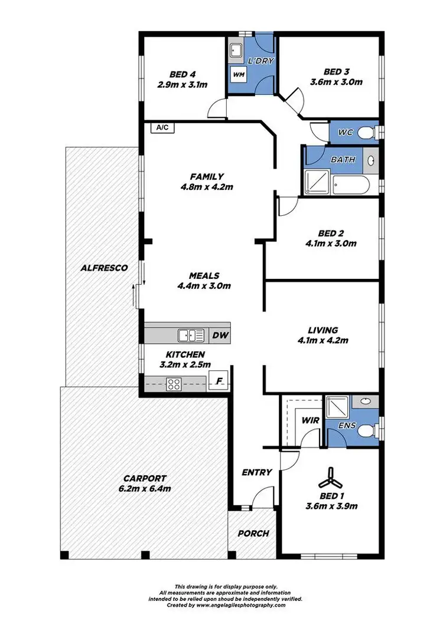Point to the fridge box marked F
pyautogui.click(x=220, y=381)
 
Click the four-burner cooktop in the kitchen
pyautogui.click(x=175, y=384)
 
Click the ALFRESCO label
pyautogui.click(x=104, y=268)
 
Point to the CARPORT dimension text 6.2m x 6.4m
pyautogui.click(x=145, y=489)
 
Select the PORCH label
pyautogui.click(x=253, y=533)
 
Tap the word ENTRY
pyautogui.click(x=257, y=472)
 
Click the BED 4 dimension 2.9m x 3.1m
pyautogui.click(x=182, y=85)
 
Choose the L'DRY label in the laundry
pyautogui.click(x=258, y=61)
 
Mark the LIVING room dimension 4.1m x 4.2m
pyautogui.click(x=323, y=340)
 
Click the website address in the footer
pyautogui.click(x=240, y=605)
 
